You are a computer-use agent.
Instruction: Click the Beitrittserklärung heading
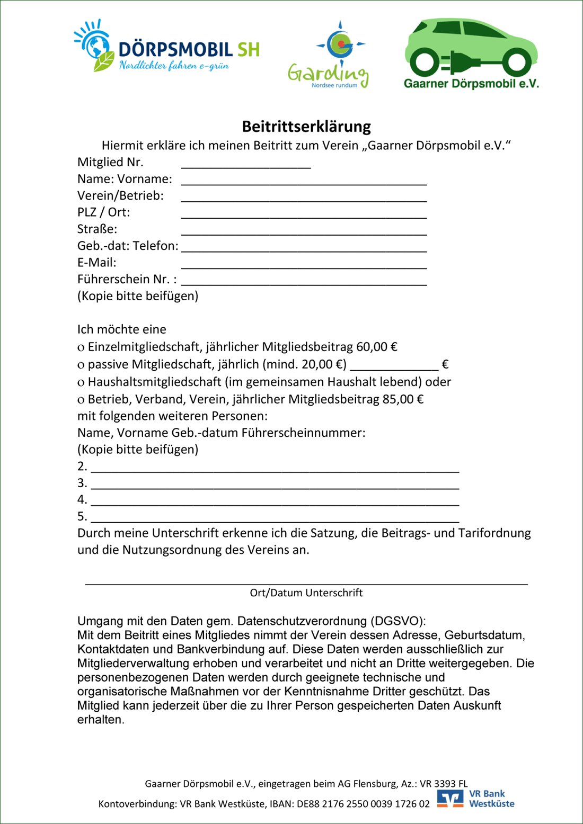[x=306, y=127]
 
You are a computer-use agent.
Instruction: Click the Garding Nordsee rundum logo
[x=329, y=55]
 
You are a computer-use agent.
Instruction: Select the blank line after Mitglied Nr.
[x=246, y=164]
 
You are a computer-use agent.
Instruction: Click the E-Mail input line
[x=304, y=264]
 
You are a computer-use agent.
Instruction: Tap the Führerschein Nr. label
[x=127, y=279]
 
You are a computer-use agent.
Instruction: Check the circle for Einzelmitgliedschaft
[x=81, y=348]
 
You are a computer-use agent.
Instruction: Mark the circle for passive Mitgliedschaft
[x=81, y=365]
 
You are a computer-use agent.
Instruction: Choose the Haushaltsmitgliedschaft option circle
[x=81, y=383]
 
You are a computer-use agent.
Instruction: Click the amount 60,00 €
[x=377, y=347]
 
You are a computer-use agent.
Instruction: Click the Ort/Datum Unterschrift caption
[x=306, y=593]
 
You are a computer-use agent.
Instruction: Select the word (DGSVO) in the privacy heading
[x=397, y=621]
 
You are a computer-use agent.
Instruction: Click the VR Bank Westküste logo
[x=476, y=799]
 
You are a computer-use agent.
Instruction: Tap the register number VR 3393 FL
[x=444, y=784]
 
